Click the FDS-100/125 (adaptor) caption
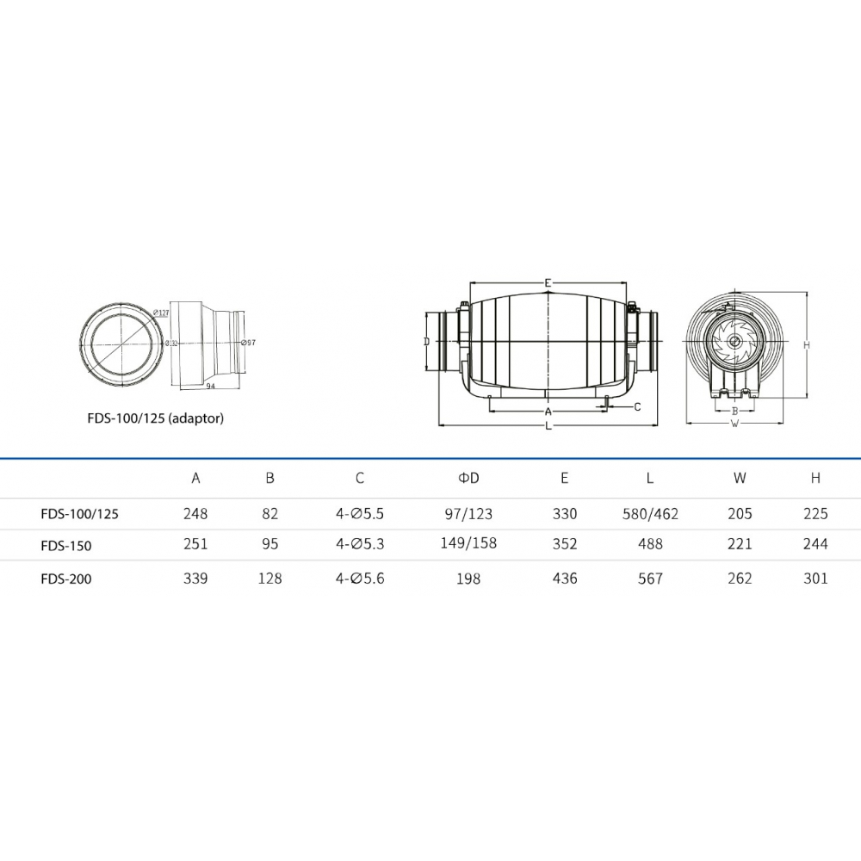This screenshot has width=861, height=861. point(155,418)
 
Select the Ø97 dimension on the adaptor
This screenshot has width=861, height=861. point(248,343)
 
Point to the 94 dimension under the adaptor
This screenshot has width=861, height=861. point(211,386)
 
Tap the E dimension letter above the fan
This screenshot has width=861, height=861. point(548,283)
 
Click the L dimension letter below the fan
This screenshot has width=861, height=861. point(548,425)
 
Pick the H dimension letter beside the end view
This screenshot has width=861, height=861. point(807,345)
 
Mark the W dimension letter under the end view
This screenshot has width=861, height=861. point(734,424)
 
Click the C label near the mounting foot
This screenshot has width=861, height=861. point(637,407)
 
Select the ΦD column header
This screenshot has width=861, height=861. point(468,478)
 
